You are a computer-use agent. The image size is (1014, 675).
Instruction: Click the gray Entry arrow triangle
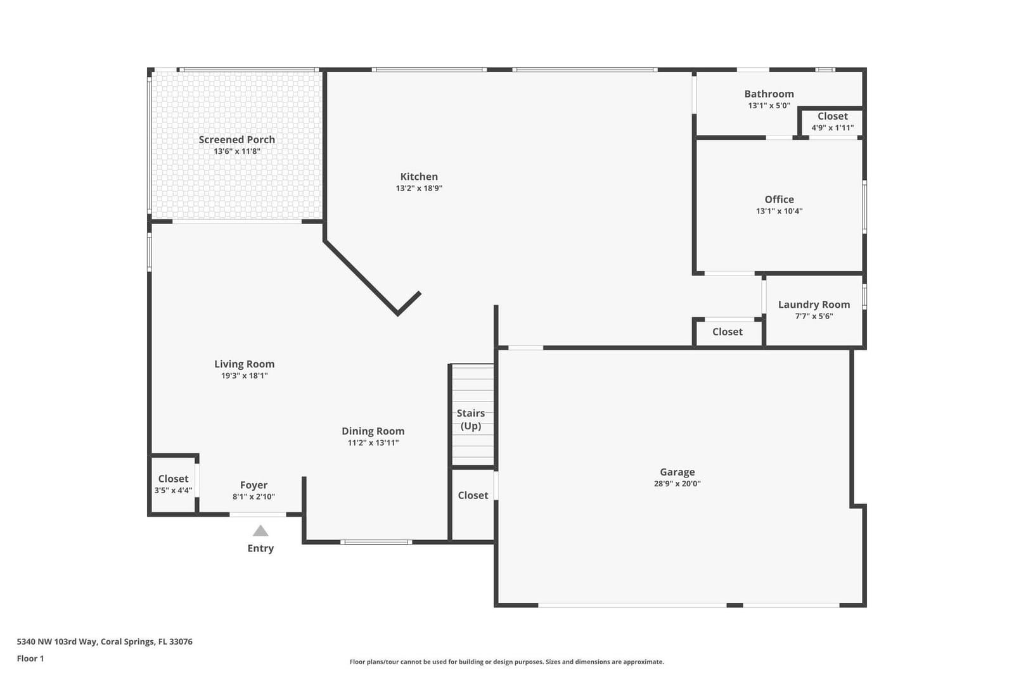click(x=260, y=531)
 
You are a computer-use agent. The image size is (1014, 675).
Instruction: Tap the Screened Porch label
click(x=237, y=140)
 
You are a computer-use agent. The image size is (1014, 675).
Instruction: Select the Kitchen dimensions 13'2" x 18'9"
click(x=419, y=188)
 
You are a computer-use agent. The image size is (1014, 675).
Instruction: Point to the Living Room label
click(x=245, y=363)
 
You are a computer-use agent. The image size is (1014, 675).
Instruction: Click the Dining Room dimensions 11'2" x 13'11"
click(x=373, y=443)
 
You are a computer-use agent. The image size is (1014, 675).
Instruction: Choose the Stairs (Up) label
click(x=471, y=419)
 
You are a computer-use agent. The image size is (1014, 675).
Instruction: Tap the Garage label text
click(x=677, y=472)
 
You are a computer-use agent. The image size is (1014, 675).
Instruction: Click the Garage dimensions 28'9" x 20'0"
click(x=677, y=484)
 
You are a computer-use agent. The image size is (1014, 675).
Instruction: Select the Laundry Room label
click(x=814, y=305)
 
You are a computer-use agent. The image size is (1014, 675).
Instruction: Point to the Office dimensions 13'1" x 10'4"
click(x=779, y=211)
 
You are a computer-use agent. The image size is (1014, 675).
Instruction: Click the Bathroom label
click(x=769, y=94)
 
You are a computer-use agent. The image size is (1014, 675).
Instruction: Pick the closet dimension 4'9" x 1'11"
click(x=833, y=128)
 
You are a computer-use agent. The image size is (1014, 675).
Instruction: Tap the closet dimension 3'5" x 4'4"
click(x=174, y=490)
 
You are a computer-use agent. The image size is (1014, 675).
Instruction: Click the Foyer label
click(x=253, y=485)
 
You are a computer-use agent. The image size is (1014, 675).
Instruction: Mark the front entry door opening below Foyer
click(x=257, y=514)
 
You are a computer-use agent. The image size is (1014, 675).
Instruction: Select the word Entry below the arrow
click(x=260, y=548)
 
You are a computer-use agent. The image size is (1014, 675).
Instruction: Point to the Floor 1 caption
click(x=30, y=659)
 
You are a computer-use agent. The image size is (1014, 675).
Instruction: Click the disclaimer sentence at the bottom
click(x=506, y=662)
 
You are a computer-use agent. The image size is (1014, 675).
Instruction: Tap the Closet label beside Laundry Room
click(x=728, y=332)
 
